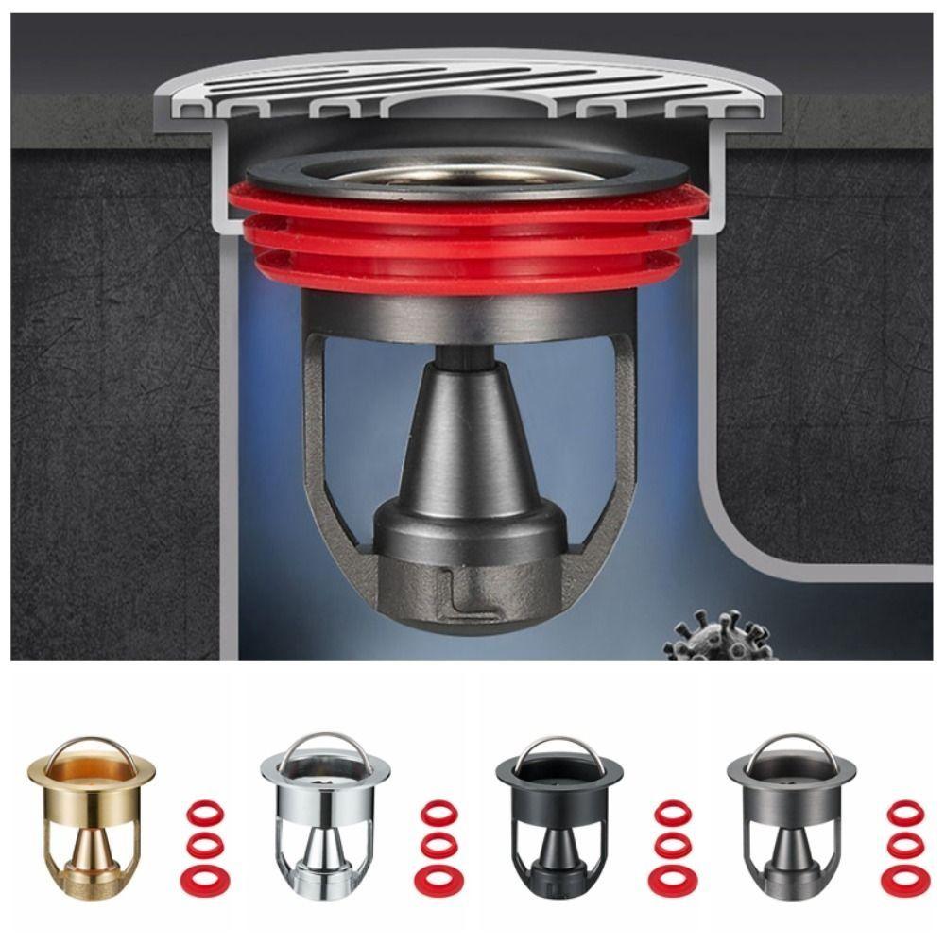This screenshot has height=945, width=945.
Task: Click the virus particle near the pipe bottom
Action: tap(715, 637)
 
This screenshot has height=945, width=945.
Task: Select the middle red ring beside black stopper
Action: tap(672, 844)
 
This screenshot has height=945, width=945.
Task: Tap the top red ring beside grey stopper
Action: tap(905, 812)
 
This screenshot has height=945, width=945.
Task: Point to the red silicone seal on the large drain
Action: tap(468, 241)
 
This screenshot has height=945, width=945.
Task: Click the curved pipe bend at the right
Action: tap(747, 529)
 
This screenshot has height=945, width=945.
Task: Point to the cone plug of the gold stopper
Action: tap(90, 855)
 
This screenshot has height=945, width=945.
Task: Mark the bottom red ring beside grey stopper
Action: tap(905, 880)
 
